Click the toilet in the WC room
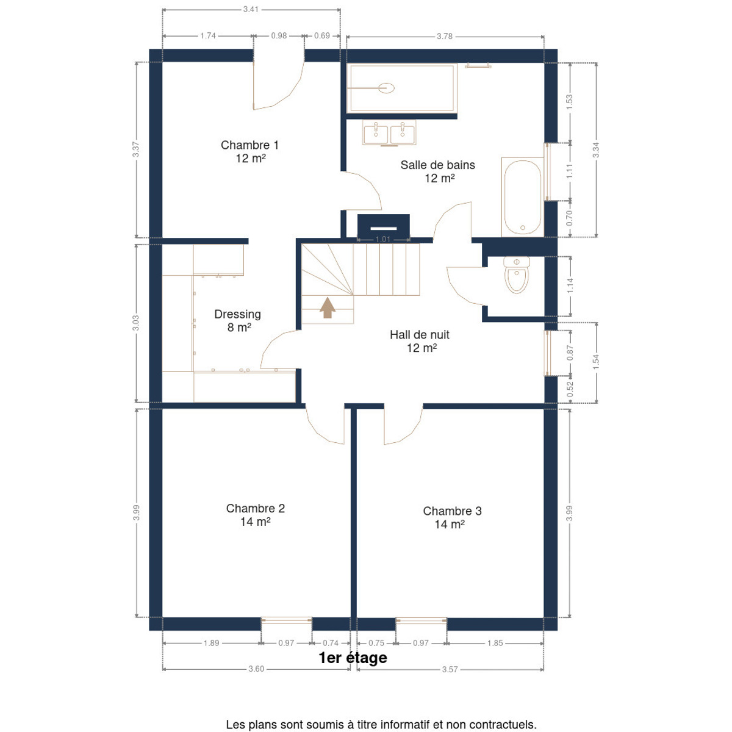coord(516,274)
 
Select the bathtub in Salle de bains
coord(523,197)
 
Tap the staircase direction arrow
coord(328,307)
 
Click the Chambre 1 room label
coord(249,151)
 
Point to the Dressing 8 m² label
coord(238,320)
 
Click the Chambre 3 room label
coord(452,517)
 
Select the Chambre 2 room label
coord(255,514)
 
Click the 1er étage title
coord(353,658)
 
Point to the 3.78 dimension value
coord(445,36)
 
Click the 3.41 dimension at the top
coord(251,9)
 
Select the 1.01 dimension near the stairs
coord(383,239)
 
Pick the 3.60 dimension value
coord(256,679)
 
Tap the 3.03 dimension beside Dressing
coord(135,323)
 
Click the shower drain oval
coord(386,88)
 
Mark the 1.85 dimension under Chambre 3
coord(495,643)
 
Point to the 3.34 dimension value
coord(595,150)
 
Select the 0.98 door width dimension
coord(279,36)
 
